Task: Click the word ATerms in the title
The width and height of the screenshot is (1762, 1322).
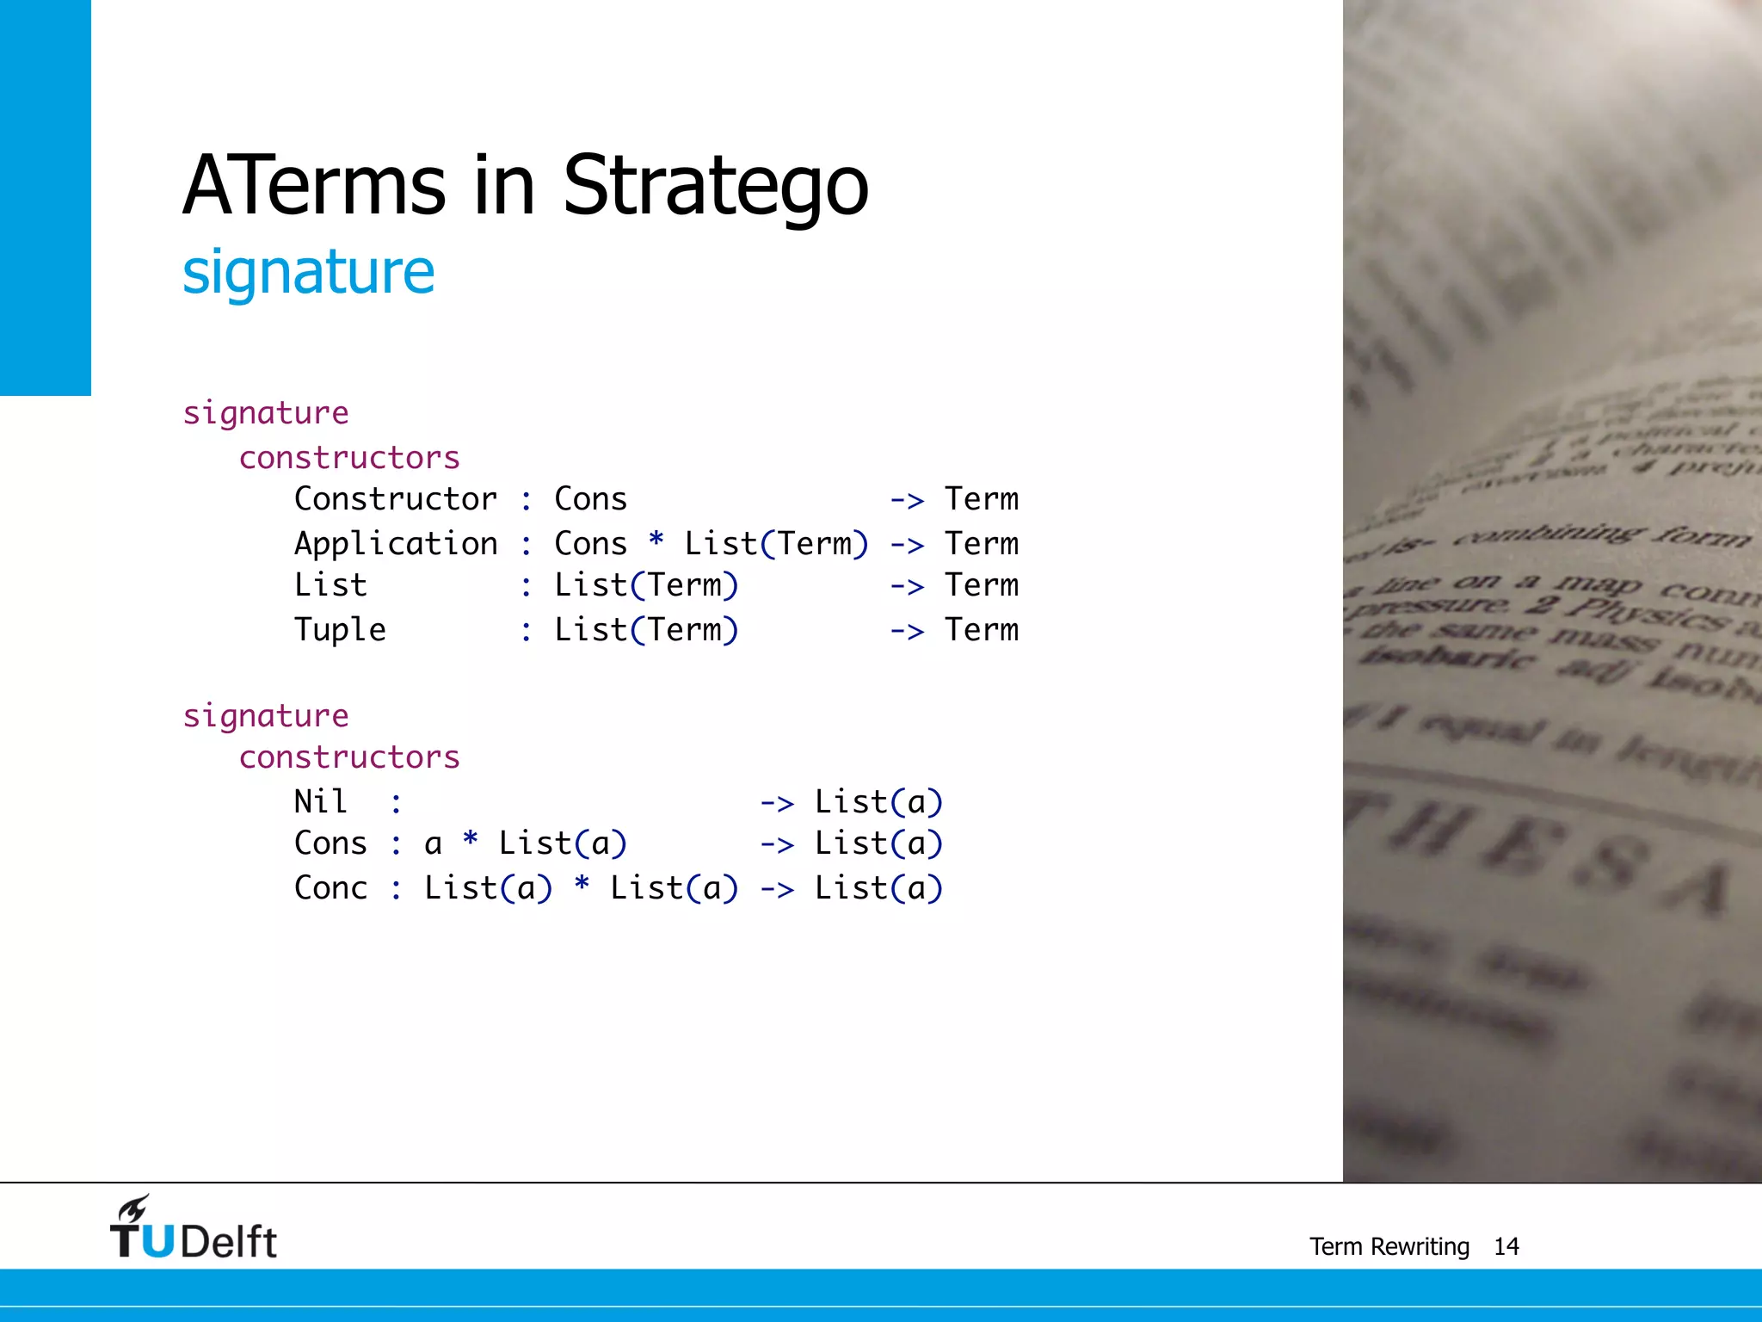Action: point(314,185)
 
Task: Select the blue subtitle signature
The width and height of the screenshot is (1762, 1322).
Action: point(308,272)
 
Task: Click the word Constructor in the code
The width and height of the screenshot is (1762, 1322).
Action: point(395,499)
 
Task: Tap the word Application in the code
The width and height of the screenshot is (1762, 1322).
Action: point(395,544)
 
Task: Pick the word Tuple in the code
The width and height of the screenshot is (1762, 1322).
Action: point(340,630)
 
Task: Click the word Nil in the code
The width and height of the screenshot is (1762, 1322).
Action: point(321,801)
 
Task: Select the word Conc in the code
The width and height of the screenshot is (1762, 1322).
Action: point(330,887)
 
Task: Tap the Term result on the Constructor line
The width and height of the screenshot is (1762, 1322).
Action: point(981,499)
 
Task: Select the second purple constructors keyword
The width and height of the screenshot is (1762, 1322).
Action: point(349,757)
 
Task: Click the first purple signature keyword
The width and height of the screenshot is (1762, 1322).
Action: point(266,413)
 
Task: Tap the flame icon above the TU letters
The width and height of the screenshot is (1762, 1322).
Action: point(134,1208)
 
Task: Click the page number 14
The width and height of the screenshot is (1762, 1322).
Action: point(1506,1246)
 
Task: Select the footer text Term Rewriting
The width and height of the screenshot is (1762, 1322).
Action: point(1389,1246)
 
